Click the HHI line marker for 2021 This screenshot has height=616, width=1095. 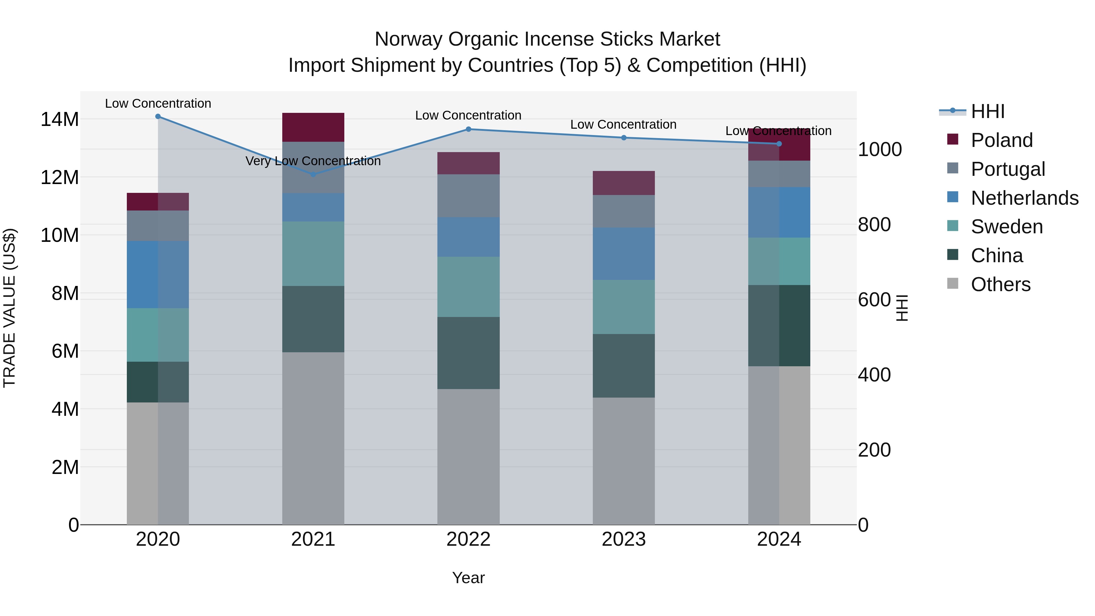click(313, 174)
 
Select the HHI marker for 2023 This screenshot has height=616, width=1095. click(624, 138)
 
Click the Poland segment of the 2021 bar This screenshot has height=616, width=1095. click(313, 127)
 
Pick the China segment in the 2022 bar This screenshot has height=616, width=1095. click(468, 353)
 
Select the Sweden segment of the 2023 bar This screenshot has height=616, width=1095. click(624, 307)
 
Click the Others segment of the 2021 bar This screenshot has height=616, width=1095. click(313, 438)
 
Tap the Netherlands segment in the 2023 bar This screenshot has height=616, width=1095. click(624, 253)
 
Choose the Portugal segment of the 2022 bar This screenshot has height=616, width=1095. click(468, 196)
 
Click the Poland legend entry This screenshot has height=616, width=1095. click(1002, 140)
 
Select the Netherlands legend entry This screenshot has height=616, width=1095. click(1024, 198)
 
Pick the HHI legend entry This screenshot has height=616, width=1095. click(987, 111)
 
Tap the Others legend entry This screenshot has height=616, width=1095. click(1001, 284)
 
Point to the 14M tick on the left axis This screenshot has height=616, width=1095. click(60, 120)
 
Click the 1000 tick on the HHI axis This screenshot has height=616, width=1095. click(879, 150)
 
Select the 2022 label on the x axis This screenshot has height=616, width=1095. click(468, 539)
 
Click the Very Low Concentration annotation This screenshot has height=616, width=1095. click(313, 161)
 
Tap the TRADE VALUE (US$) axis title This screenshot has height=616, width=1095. click(10, 308)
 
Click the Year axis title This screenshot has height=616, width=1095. click(468, 578)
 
